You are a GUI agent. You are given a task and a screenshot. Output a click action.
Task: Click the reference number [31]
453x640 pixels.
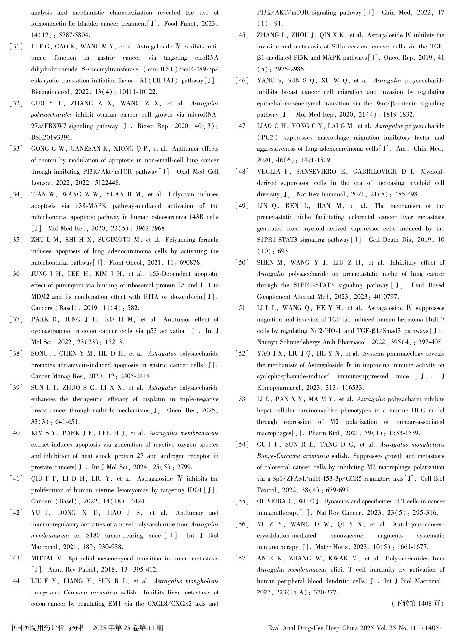[16, 47]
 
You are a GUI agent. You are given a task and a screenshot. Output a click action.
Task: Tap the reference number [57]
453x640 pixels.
[242, 559]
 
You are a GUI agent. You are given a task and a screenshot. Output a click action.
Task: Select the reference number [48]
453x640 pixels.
[242, 172]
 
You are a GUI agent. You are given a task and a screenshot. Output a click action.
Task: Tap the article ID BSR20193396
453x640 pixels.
[51, 137]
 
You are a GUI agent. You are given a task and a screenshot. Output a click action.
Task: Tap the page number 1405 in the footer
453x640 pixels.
[432, 628]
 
